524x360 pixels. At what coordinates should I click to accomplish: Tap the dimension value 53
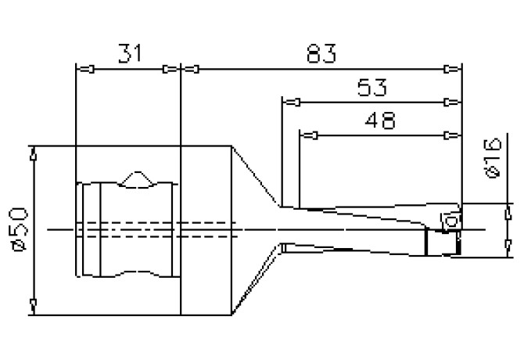(x=374, y=85)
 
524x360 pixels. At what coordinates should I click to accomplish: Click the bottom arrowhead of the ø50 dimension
(x=33, y=304)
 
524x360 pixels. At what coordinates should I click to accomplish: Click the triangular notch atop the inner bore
(x=138, y=178)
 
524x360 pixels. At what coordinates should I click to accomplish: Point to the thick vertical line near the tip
(x=425, y=240)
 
